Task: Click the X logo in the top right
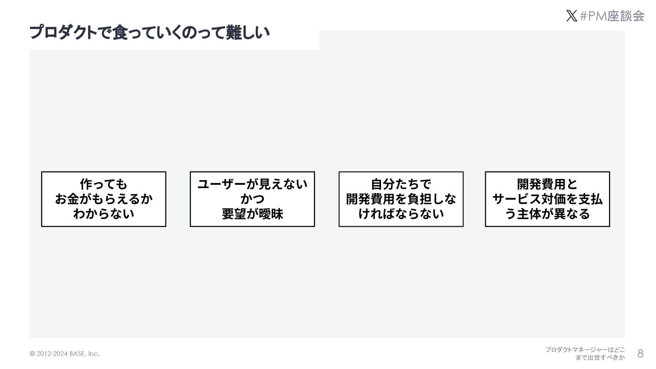coord(571,16)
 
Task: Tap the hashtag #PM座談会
coord(612,16)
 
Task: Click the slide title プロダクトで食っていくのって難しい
coord(150,33)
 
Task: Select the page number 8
coord(640,354)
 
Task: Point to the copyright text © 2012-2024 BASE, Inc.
coord(65,354)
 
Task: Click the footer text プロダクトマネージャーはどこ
coord(585,350)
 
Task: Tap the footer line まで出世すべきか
coord(600,358)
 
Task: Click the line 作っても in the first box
coord(104,184)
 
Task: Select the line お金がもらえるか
coord(104,199)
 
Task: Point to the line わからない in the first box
coord(104,214)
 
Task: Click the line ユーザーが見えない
coord(252,184)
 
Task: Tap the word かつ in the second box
coord(252,199)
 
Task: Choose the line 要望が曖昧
coord(252,214)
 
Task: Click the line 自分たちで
coord(401,184)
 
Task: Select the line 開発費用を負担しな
coord(401,199)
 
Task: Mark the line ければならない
coord(401,214)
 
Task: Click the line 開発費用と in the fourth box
coord(547,184)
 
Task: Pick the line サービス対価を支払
coord(547,199)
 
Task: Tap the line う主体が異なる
coord(547,214)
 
